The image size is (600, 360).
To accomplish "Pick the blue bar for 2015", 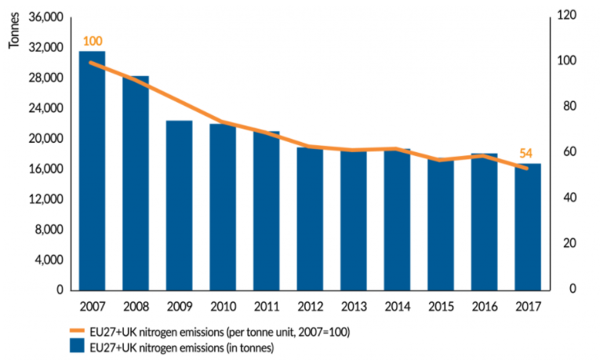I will point(441,224).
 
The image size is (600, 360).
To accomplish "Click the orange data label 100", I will point(92,41).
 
